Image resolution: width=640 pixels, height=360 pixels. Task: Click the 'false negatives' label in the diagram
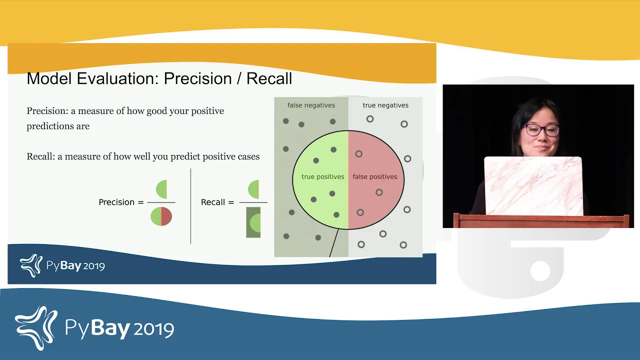pyautogui.click(x=311, y=105)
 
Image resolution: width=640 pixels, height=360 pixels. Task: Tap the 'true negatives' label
pyautogui.click(x=385, y=105)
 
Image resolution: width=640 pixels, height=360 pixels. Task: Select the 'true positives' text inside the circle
pyautogui.click(x=323, y=177)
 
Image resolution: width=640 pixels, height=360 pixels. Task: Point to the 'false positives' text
pyautogui.click(x=375, y=177)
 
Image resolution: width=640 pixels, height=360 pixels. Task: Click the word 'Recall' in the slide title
pyautogui.click(x=269, y=78)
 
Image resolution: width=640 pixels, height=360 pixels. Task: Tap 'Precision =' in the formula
pyautogui.click(x=121, y=202)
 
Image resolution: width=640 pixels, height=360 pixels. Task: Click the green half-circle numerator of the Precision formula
pyautogui.click(x=161, y=189)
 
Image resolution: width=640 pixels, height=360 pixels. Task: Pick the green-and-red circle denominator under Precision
pyautogui.click(x=161, y=216)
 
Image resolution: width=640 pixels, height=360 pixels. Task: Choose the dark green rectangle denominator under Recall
pyautogui.click(x=253, y=222)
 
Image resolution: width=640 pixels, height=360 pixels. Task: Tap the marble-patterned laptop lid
pyautogui.click(x=533, y=185)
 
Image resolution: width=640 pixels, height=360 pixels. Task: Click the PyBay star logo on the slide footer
pyautogui.click(x=31, y=265)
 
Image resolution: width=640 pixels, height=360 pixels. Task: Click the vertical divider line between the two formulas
pyautogui.click(x=190, y=206)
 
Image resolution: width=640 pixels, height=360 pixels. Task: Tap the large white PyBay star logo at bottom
pyautogui.click(x=36, y=328)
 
